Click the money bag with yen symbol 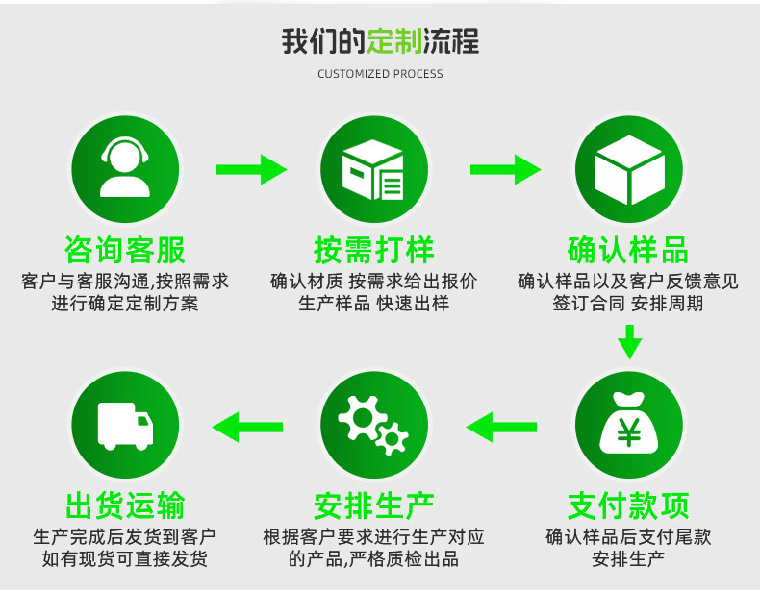coord(628,425)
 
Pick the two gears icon coord(374,425)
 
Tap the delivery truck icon coord(126,425)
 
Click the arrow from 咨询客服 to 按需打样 coord(251,170)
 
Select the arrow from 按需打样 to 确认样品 coord(505,170)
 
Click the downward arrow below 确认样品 coord(629,341)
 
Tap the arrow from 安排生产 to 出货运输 coord(247,425)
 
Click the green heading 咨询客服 coord(125,251)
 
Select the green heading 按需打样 coord(374,251)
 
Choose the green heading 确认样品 coord(628,251)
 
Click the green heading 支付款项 coord(628,505)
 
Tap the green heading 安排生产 coord(374,505)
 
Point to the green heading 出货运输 coord(125,505)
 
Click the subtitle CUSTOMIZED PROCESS coord(380,74)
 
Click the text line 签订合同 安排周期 coord(628,305)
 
